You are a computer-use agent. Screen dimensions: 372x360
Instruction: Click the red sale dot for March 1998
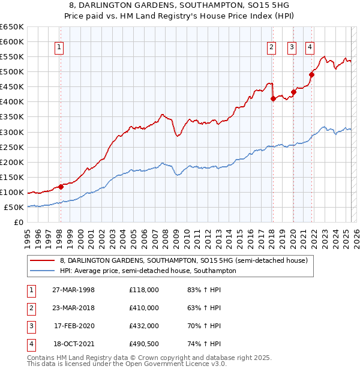click(61, 187)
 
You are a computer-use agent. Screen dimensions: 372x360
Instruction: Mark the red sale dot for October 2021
click(312, 74)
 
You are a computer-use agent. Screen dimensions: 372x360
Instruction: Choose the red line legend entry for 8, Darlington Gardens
click(184, 260)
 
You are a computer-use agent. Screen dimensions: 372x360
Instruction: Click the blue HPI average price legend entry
click(148, 271)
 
